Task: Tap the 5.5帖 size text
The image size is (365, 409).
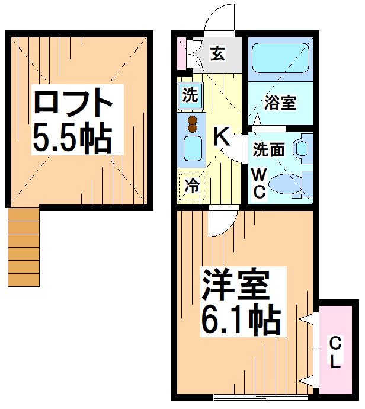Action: (72, 138)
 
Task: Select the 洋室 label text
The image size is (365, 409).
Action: (236, 286)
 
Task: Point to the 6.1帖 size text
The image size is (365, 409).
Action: (240, 321)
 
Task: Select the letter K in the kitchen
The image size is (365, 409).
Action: (221, 138)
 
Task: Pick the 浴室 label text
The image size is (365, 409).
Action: (280, 102)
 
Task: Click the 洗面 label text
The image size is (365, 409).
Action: (268, 149)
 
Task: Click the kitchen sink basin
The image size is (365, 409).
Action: (193, 148)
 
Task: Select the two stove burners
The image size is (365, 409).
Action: (193, 124)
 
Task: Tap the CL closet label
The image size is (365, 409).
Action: (335, 353)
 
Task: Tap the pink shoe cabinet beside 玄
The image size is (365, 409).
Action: (181, 54)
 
